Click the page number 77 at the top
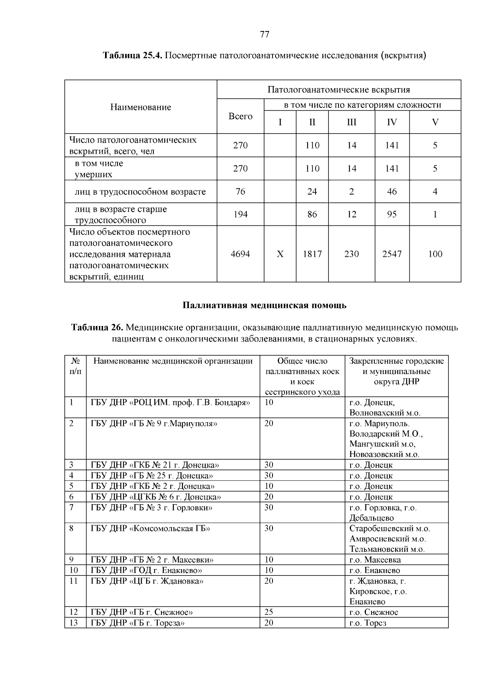[264, 34]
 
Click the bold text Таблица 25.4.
[132, 55]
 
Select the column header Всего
[240, 116]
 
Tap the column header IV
[392, 122]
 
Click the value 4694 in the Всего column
[240, 254]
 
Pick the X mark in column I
[280, 254]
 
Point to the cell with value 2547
[392, 254]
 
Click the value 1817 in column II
[312, 254]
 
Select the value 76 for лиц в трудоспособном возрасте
[240, 192]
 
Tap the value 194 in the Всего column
[240, 215]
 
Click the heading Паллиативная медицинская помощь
[264, 305]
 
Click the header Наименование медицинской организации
[173, 361]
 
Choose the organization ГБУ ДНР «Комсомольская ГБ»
[151, 528]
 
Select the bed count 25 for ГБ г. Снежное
[268, 613]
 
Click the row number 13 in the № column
[74, 623]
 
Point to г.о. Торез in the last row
[368, 623]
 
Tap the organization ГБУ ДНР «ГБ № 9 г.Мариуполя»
[154, 423]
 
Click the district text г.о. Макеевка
[375, 560]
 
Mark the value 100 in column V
[435, 254]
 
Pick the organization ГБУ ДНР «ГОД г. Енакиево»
[147, 570]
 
